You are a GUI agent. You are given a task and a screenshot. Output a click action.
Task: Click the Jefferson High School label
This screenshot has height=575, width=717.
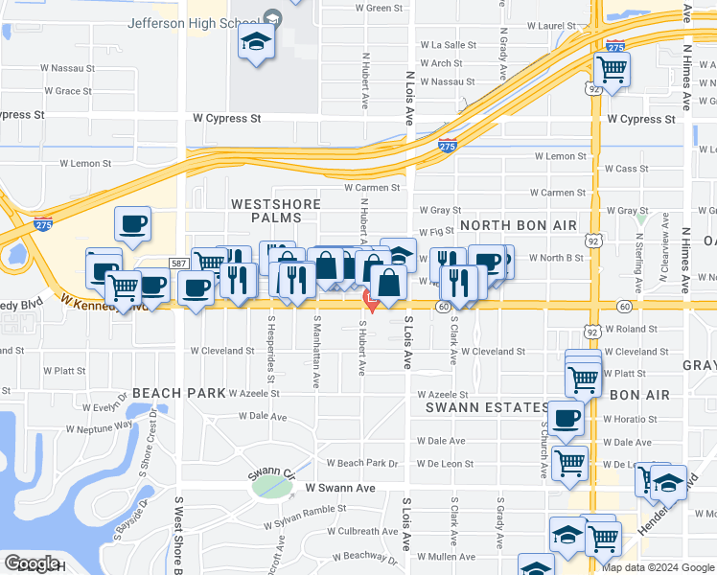tap(197, 22)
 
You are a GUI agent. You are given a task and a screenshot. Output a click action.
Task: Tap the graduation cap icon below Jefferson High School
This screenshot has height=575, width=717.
tap(257, 42)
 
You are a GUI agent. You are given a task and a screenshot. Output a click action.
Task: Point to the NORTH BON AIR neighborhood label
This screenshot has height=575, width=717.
tap(518, 225)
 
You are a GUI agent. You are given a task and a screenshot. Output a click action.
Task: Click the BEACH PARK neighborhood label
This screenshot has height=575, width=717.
tap(178, 393)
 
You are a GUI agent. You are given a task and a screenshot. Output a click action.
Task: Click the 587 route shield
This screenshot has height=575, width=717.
tap(178, 262)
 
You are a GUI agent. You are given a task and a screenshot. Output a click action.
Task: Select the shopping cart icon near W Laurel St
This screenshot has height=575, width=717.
tap(612, 70)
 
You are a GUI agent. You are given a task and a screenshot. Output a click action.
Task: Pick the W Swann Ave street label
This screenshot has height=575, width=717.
tap(340, 488)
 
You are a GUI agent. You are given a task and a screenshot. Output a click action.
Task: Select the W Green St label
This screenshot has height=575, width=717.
tap(379, 8)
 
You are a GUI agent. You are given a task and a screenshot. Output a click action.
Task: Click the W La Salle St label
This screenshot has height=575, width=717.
tap(449, 45)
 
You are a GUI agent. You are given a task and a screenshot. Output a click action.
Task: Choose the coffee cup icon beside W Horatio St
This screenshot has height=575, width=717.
tap(567, 420)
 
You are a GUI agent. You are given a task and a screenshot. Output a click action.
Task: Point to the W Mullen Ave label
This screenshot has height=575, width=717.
tap(449, 556)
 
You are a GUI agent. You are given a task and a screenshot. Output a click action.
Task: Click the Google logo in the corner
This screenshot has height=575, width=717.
tap(32, 563)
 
